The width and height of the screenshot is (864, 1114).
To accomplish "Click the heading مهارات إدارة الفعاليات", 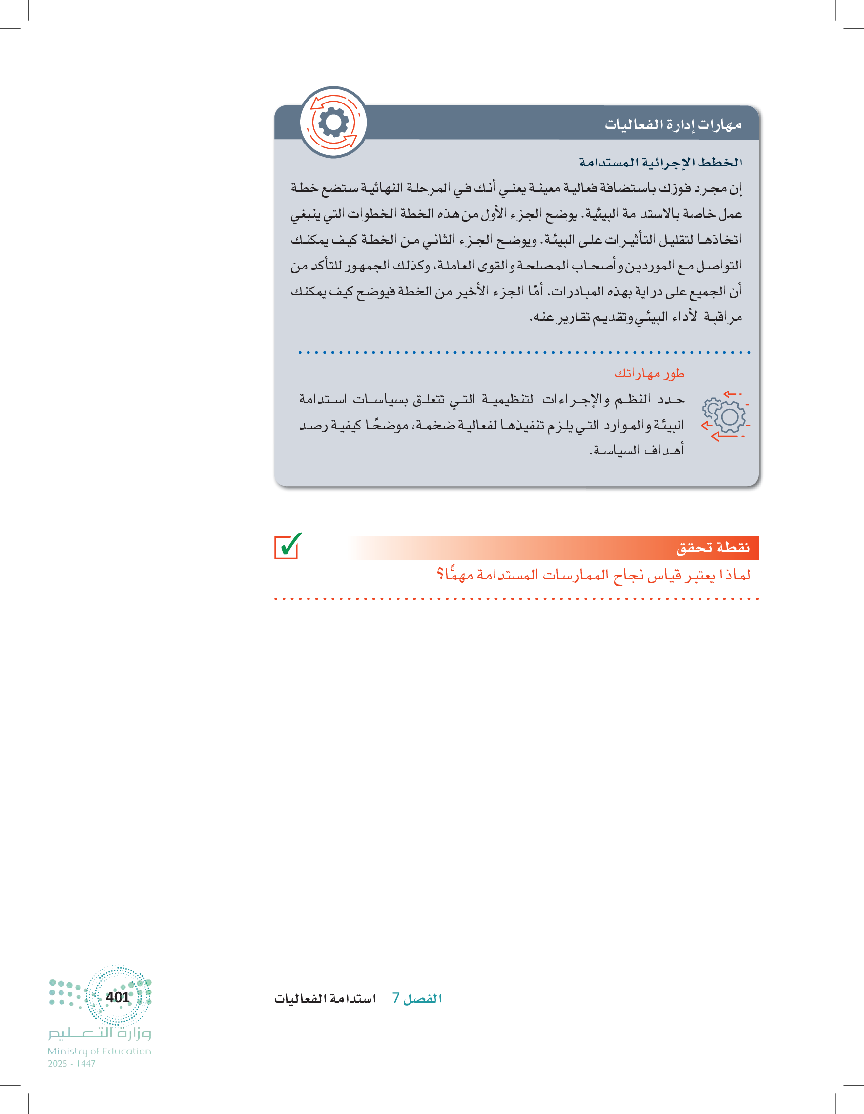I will (673, 124).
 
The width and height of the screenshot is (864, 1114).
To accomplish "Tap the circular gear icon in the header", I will (333, 123).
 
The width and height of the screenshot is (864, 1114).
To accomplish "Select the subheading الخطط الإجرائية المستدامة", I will (660, 163).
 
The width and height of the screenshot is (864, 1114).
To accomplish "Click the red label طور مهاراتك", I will (649, 374).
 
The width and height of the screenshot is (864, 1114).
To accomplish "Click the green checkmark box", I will (287, 546).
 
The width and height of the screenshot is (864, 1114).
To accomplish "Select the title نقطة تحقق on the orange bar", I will (713, 548).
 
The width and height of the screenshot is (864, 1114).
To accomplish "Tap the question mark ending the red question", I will (440, 575).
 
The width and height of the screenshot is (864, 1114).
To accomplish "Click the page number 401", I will (117, 997).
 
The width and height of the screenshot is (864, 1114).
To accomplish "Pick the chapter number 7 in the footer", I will (396, 998).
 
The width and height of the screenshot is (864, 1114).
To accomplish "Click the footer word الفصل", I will (422, 999).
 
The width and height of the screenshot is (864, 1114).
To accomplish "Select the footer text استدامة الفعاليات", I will (325, 999).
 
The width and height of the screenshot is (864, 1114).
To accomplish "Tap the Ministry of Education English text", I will (100, 1051).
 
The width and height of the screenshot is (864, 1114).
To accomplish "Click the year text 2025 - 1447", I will (71, 1064).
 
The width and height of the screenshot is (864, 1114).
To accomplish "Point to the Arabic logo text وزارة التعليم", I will (100, 1033).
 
